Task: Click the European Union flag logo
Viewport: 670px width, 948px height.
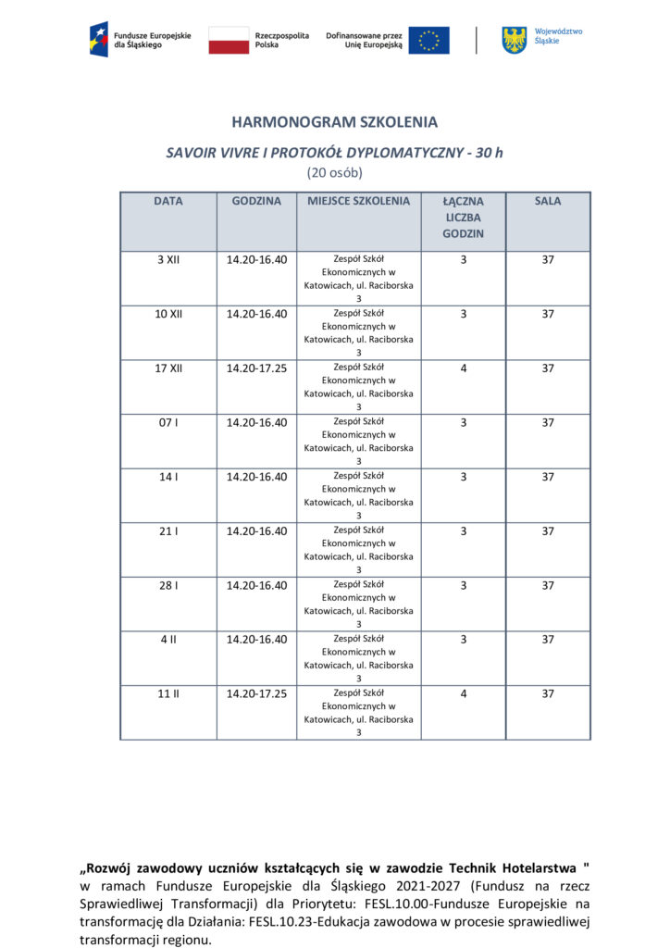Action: click(x=428, y=40)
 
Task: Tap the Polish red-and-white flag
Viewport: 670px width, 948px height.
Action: click(x=229, y=40)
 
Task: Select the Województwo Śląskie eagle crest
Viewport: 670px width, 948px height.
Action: click(x=514, y=40)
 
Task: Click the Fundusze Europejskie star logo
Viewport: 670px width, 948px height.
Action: click(x=98, y=40)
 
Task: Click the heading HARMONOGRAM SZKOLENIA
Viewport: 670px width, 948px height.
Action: click(x=334, y=122)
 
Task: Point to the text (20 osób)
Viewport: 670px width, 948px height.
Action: click(x=334, y=172)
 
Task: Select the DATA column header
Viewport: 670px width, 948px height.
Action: click(x=168, y=201)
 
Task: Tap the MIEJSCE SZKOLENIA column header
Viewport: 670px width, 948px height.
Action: click(x=358, y=201)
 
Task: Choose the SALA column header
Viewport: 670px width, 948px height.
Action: click(x=548, y=201)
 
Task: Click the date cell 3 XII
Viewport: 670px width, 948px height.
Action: click(x=168, y=260)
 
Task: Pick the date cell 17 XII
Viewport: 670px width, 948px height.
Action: click(x=168, y=368)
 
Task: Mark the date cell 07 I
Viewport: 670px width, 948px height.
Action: click(x=168, y=423)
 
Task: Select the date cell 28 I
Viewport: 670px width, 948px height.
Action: click(x=168, y=585)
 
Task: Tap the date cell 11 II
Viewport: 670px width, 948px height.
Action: click(x=168, y=693)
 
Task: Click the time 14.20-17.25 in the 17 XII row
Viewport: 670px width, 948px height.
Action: click(x=256, y=368)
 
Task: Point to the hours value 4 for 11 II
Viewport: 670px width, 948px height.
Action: click(x=463, y=693)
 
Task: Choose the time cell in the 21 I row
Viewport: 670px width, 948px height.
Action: click(x=256, y=531)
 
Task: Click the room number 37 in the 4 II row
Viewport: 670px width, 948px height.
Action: click(x=548, y=640)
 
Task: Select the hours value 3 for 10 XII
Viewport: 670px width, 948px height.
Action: click(x=463, y=314)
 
